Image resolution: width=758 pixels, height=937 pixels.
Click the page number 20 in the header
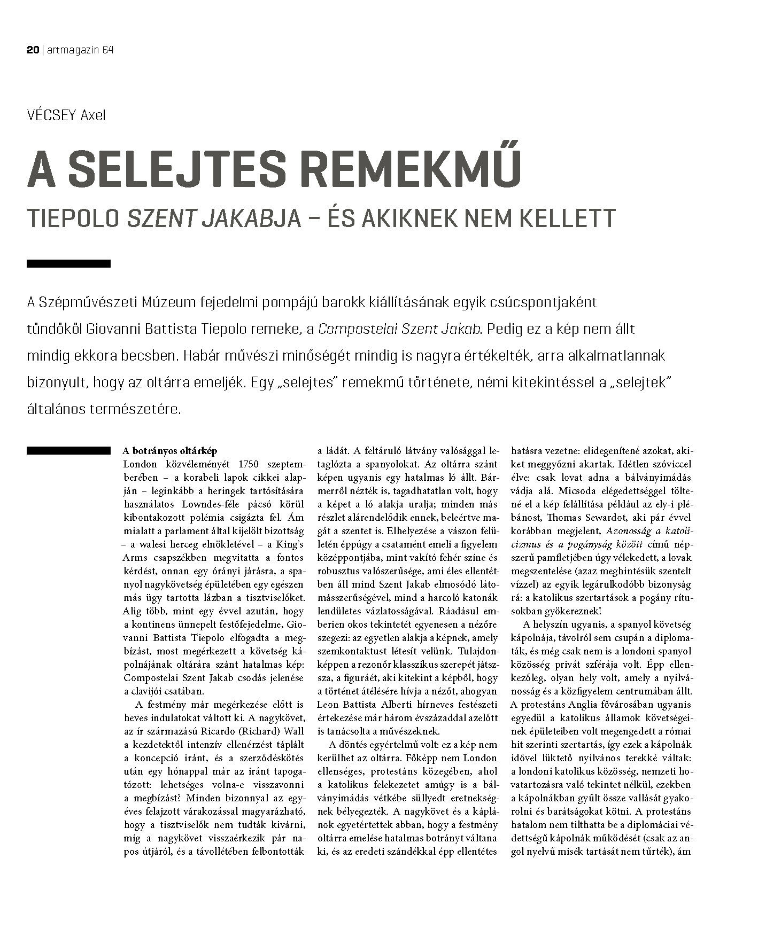(33, 50)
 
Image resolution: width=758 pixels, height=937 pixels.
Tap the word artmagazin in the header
(72, 50)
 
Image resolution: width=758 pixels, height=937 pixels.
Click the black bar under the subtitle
(68, 263)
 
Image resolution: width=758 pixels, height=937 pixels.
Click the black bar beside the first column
(68, 451)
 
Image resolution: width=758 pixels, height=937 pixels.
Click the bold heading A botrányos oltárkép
(170, 451)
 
